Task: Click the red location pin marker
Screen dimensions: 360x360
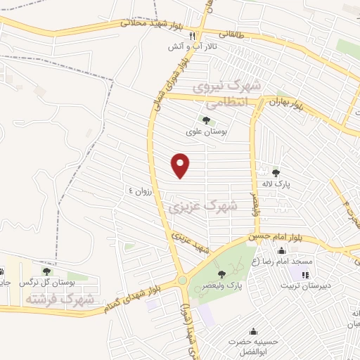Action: pos(181,165)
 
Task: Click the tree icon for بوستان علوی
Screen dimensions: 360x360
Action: pos(205,120)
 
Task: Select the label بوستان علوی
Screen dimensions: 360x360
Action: pos(204,131)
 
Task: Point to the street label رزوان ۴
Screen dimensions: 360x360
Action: pos(140,191)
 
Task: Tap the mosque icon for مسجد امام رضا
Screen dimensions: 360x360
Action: pos(282,251)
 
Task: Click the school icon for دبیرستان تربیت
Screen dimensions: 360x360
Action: pos(305,274)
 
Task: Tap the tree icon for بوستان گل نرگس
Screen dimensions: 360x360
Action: pos(47,271)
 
